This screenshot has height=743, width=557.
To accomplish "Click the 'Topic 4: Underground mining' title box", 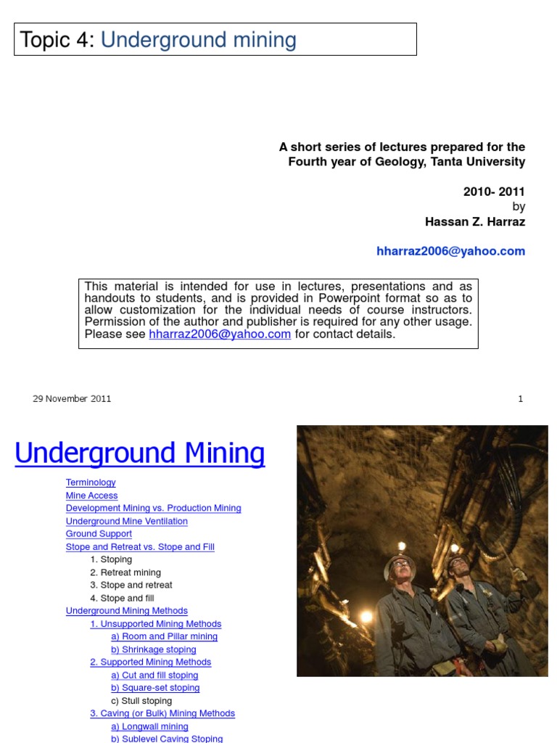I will [215, 40].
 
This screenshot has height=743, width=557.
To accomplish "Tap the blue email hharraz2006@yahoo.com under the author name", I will [450, 251].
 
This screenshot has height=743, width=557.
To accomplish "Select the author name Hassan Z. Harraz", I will [474, 222].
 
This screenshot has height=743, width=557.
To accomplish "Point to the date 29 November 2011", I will [72, 398].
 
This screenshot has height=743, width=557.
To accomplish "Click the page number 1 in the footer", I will [520, 398].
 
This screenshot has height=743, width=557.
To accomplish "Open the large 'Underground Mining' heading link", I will [140, 453].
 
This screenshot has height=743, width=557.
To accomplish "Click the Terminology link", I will [91, 483].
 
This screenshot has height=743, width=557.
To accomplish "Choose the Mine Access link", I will [91, 496].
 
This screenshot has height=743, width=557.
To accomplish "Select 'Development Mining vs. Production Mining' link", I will [153, 509].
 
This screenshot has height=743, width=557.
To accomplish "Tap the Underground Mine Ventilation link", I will [126, 521].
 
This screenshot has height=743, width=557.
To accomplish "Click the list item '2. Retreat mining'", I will [125, 572].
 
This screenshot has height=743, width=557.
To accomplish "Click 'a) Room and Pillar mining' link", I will [164, 636].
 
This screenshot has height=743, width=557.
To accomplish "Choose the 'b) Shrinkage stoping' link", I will [153, 649].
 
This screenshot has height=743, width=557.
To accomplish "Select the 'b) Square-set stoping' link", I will [155, 688].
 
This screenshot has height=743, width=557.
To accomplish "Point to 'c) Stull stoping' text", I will [141, 701].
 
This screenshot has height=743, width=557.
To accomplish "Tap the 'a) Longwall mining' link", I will [149, 726].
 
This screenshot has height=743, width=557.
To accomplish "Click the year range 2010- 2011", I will [494, 192].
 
